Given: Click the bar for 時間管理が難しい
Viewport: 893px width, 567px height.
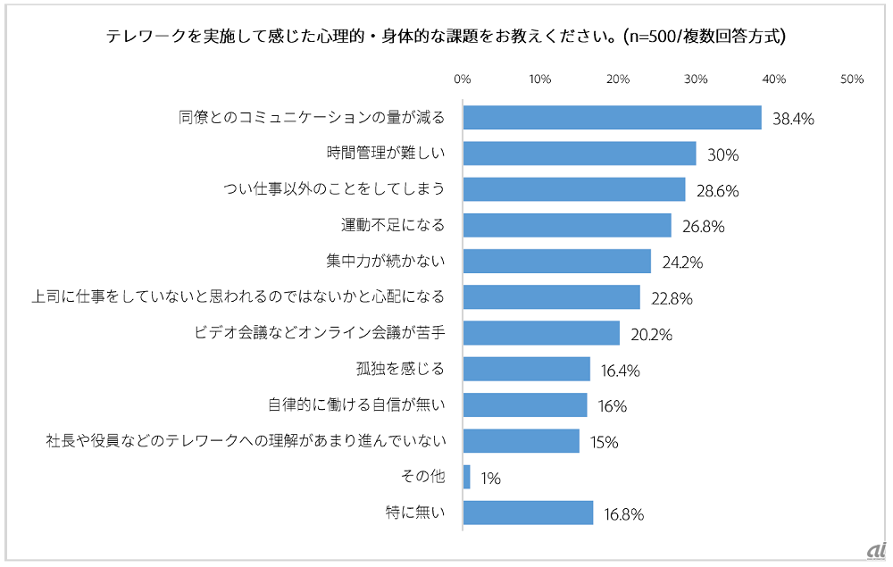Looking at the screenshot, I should tap(579, 154).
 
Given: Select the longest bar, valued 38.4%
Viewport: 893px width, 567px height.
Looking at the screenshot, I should tap(612, 118).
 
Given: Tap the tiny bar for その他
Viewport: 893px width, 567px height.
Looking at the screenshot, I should tap(466, 478).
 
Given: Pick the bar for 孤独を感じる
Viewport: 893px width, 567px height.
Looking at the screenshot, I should tap(527, 370).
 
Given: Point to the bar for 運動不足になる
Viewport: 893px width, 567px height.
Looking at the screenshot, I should tap(566, 226).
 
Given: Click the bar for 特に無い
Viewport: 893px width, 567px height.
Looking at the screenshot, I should tap(528, 513).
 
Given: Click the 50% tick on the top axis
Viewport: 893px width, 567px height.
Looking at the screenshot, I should tap(852, 79).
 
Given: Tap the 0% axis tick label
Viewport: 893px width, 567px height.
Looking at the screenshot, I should tap(463, 79).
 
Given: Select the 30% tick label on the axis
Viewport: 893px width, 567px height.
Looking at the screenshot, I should tap(696, 79).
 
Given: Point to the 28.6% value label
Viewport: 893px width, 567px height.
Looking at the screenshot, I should tap(716, 191).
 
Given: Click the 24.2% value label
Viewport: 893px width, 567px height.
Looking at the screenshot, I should tap(681, 263).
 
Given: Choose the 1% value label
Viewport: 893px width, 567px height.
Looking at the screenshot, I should tap(490, 479).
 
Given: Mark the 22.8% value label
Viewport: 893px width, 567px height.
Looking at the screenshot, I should tap(671, 299).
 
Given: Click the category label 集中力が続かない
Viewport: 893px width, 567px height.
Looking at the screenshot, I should tap(386, 262).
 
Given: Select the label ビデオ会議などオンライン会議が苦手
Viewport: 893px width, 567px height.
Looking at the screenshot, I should tap(320, 334).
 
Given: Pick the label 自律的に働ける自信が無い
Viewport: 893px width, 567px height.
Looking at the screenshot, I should tap(356, 405).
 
